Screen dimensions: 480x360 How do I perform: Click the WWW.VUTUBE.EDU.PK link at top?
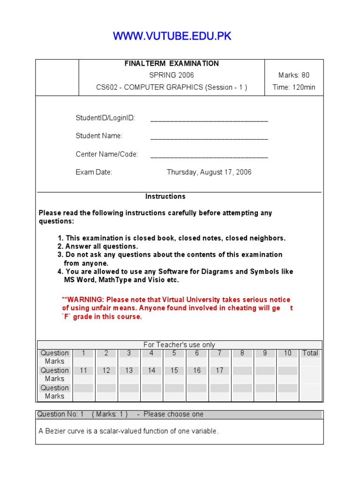[x=172, y=37]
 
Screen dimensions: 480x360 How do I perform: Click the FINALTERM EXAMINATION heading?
[x=172, y=63]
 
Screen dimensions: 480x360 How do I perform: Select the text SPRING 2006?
[x=172, y=75]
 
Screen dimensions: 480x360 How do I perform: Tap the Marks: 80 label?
[x=294, y=75]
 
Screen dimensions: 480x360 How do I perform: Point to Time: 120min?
[x=294, y=87]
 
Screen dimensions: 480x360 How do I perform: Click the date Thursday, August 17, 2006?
[x=209, y=172]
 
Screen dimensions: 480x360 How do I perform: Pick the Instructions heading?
[x=165, y=196]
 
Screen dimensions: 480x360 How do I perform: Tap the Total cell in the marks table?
[x=310, y=353]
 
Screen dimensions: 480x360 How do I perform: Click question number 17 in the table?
[x=219, y=370]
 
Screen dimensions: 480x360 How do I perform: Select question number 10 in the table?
[x=287, y=353]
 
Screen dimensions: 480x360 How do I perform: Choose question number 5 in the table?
[x=174, y=353]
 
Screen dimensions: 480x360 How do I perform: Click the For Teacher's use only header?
[x=179, y=345]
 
